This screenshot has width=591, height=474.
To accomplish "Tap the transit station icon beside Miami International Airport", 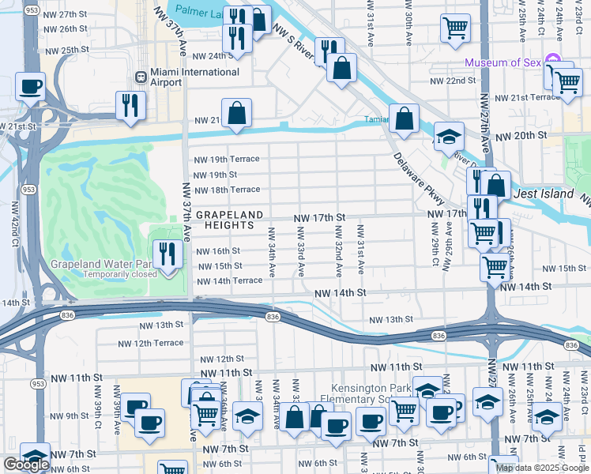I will tap(140, 77).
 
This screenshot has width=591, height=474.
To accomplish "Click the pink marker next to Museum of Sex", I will tap(552, 62).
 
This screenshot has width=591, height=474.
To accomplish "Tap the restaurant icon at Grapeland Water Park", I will tap(167, 254).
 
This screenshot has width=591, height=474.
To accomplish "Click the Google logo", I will tap(27, 465).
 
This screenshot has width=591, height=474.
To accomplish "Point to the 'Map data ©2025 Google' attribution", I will tap(541, 468).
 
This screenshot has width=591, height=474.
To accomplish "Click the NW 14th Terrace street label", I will tap(229, 280).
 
